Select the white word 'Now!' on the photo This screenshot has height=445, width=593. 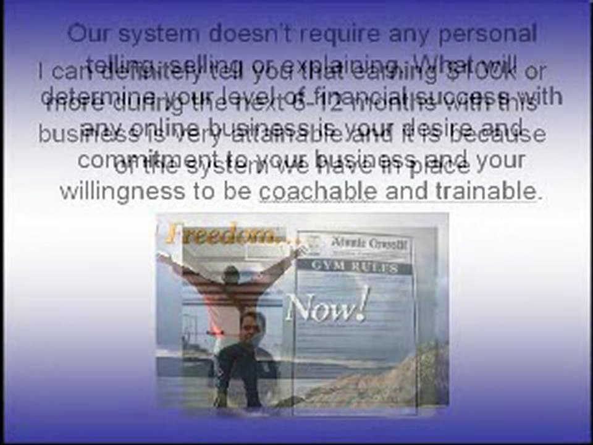coord(327,306)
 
